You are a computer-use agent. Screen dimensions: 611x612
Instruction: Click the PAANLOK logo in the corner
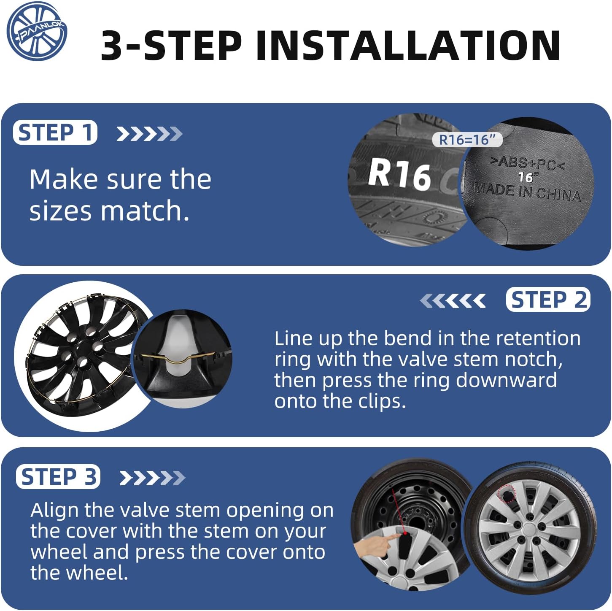coord(37,31)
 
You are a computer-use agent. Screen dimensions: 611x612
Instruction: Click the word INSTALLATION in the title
coord(408,46)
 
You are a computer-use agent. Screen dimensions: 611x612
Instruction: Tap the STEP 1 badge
coord(55,132)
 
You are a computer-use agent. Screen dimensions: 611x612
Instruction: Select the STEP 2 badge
coord(548,300)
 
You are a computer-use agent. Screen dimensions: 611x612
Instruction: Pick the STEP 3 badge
coord(58,477)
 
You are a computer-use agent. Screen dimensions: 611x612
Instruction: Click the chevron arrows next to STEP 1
coord(149,134)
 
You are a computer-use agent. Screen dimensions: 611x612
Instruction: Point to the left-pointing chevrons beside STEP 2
coord(453,301)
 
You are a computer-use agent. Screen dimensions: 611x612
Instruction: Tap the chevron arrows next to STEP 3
coord(152,478)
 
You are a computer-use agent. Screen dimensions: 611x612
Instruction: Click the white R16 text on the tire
coord(399,174)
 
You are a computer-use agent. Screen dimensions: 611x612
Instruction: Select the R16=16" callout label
coord(467,140)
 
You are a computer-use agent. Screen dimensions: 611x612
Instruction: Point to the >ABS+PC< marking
coord(527,163)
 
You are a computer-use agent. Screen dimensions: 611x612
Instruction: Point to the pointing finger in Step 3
coord(380,544)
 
